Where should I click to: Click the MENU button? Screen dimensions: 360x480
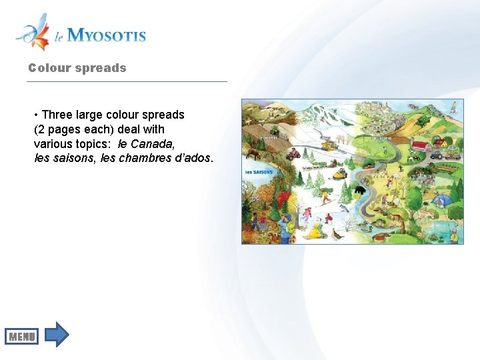coord(22,337)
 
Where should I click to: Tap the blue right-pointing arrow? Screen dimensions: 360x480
coord(58,334)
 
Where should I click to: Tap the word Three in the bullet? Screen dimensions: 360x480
coord(57,115)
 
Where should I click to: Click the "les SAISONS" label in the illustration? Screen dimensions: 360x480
coord(259,172)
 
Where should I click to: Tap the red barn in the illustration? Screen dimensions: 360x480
coord(421,146)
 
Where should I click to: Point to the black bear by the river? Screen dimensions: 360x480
coord(360,191)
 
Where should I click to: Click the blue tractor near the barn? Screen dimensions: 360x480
coord(437,155)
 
